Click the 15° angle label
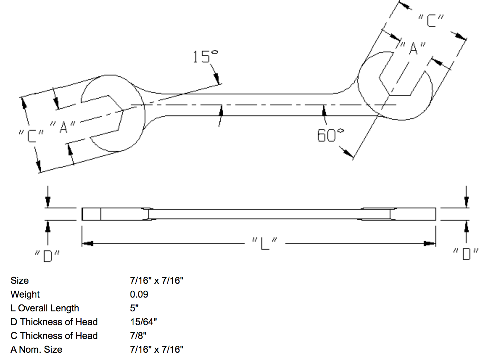pyautogui.click(x=205, y=57)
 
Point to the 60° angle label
pyautogui.click(x=330, y=135)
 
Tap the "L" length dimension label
pyautogui.click(x=265, y=244)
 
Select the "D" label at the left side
pyautogui.click(x=47, y=256)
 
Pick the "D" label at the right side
pyautogui.click(x=466, y=254)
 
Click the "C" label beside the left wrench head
pyautogui.click(x=31, y=136)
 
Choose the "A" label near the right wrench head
pyautogui.click(x=413, y=48)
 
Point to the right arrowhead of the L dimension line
pyautogui.click(x=430, y=244)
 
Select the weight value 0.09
pyautogui.click(x=139, y=294)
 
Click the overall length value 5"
pyautogui.click(x=134, y=308)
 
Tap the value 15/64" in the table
pyautogui.click(x=144, y=322)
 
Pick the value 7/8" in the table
pyautogui.click(x=138, y=336)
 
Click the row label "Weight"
pyautogui.click(x=25, y=294)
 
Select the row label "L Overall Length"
pyautogui.click(x=45, y=308)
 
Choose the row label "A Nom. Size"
pyautogui.click(x=36, y=349)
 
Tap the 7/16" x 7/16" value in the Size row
pyautogui.click(x=157, y=281)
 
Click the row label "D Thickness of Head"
pyautogui.click(x=54, y=322)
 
